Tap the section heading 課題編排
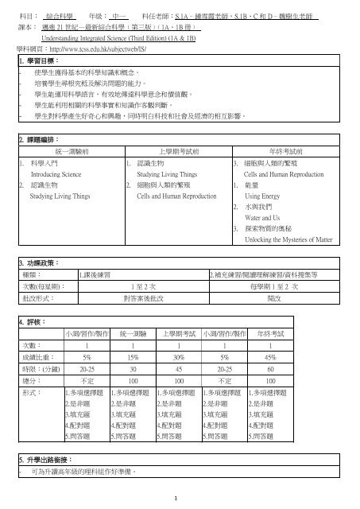click(35, 139)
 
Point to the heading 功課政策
click(35, 239)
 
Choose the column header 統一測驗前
click(69, 150)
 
